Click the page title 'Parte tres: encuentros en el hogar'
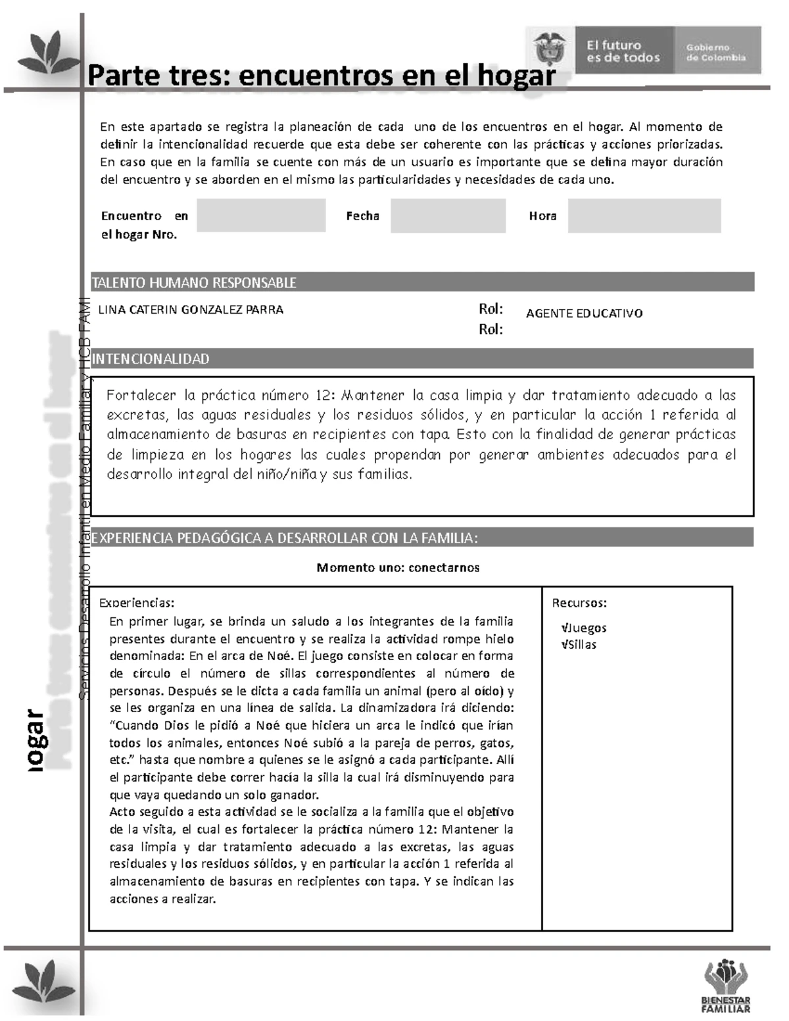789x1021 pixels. pyautogui.click(x=322, y=76)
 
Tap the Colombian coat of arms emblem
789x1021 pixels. pyautogui.click(x=549, y=49)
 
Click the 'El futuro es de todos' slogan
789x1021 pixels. pyautogui.click(x=623, y=51)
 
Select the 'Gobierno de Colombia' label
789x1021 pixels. pyautogui.click(x=716, y=53)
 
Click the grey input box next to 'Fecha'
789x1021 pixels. pyautogui.click(x=448, y=216)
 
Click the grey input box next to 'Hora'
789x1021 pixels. pyautogui.click(x=644, y=216)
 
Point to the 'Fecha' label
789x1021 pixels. pyautogui.click(x=362, y=216)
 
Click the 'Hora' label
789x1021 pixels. pyautogui.click(x=542, y=216)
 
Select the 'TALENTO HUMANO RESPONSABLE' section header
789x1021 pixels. pyautogui.click(x=194, y=283)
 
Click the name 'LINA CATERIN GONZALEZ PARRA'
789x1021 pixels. pyautogui.click(x=191, y=310)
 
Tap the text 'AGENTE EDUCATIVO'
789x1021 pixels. pyautogui.click(x=584, y=314)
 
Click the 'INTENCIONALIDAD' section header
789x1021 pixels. pyautogui.click(x=151, y=359)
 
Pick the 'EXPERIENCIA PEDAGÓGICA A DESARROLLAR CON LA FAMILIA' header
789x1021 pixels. pyautogui.click(x=284, y=538)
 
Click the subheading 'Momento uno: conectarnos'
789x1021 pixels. pyautogui.click(x=398, y=567)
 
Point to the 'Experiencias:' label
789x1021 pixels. pyautogui.click(x=137, y=603)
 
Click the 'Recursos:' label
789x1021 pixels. pyautogui.click(x=579, y=603)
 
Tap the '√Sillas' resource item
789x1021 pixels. pyautogui.click(x=579, y=644)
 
